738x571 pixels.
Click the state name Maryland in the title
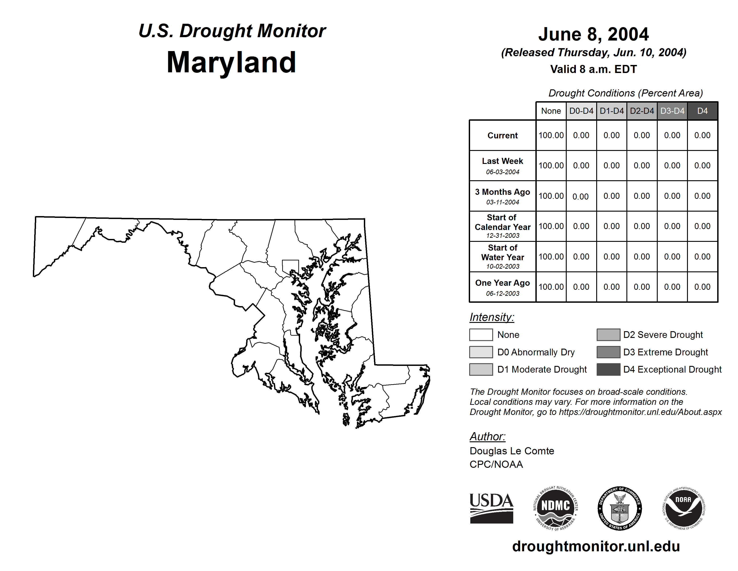coord(231,62)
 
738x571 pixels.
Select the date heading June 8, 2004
coord(593,34)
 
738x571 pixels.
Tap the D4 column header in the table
coord(702,111)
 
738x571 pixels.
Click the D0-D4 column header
coord(581,111)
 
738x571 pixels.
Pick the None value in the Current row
coord(551,135)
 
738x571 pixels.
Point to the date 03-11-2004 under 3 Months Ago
coord(503,202)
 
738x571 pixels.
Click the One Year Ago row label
coord(503,283)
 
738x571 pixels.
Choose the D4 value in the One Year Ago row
coord(702,287)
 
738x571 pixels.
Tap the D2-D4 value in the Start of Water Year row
coord(642,257)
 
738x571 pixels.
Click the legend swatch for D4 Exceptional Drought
coord(608,369)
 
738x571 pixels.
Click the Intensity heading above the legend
coord(492,317)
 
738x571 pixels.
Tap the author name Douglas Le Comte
coord(512,451)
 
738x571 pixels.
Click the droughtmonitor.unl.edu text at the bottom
coord(596,547)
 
